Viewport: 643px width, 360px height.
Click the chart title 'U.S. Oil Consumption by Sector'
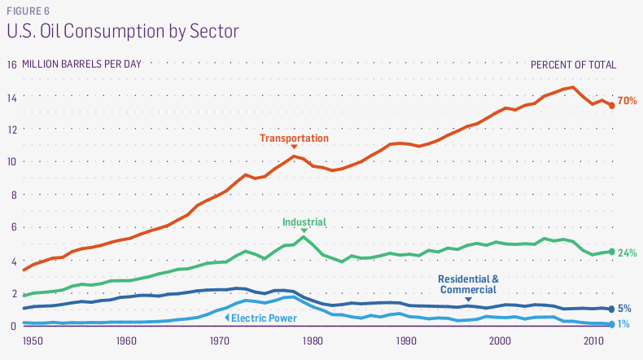coord(122,32)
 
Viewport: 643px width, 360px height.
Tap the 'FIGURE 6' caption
coord(28,10)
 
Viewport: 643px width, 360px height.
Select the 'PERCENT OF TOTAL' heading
coord(573,64)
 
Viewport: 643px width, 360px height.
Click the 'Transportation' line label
coord(294,138)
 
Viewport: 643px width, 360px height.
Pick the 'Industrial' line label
coord(304,222)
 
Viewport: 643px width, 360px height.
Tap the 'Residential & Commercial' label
coord(468,284)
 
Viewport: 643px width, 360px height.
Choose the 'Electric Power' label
coord(263,318)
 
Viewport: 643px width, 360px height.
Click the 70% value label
coord(627,101)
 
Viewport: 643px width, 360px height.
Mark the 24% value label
coord(627,253)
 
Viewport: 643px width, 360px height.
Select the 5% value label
coord(624,309)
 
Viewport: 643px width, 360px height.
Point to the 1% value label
coord(624,324)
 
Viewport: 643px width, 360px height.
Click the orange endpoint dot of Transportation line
coord(612,105)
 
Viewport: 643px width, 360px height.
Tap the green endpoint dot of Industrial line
coord(612,252)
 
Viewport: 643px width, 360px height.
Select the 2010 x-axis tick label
coord(593,340)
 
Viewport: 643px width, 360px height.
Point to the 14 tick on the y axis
coord(11,97)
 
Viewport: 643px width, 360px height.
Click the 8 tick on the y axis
coord(12,195)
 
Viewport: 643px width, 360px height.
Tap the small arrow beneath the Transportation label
coord(294,148)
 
